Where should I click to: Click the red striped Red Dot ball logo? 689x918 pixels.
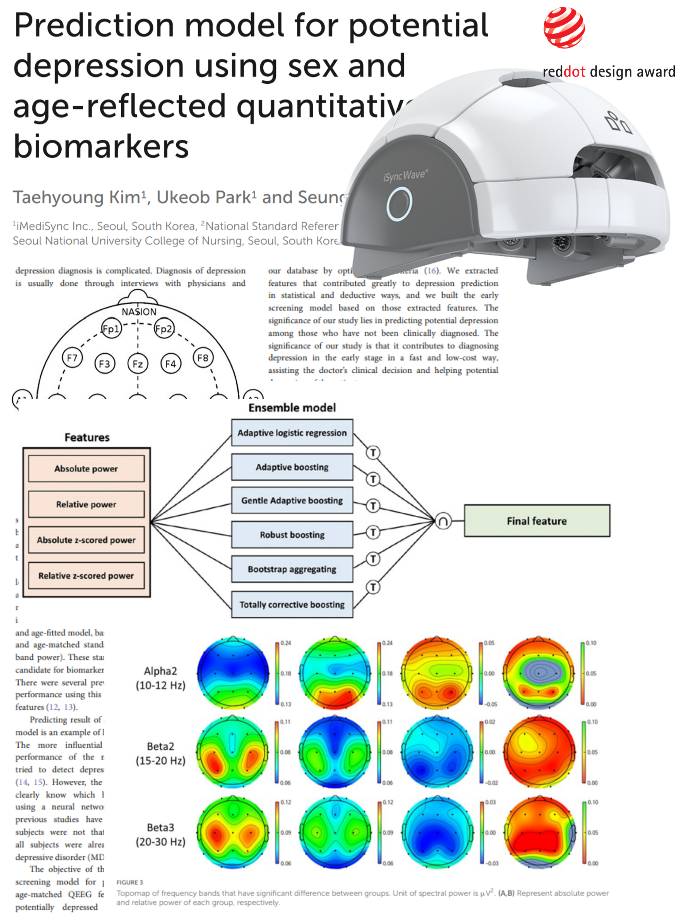pos(564,28)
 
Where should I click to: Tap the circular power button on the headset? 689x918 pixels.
pos(399,203)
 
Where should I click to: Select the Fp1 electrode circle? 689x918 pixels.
pos(111,329)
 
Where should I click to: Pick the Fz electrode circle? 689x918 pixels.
pos(137,364)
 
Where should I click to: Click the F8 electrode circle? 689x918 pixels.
pos(203,358)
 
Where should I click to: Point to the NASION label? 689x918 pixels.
pos(139,312)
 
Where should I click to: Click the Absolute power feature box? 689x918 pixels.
pos(86,469)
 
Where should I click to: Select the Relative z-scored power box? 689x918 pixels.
pos(86,576)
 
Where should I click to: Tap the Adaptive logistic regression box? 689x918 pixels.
pos(292,432)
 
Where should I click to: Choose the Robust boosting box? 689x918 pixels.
pos(292,535)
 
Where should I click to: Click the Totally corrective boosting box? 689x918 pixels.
pos(292,604)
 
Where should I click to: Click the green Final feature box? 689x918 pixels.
pos(537,521)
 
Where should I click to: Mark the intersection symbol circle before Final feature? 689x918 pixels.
pos(443,521)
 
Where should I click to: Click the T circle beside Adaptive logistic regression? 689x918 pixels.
pos(373,453)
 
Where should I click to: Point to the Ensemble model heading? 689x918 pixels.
pos(292,408)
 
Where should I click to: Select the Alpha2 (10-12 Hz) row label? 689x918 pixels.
pos(160,678)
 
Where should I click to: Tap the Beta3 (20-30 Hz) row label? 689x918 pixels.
pos(160,834)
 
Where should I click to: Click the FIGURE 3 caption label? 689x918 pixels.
pos(130,882)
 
